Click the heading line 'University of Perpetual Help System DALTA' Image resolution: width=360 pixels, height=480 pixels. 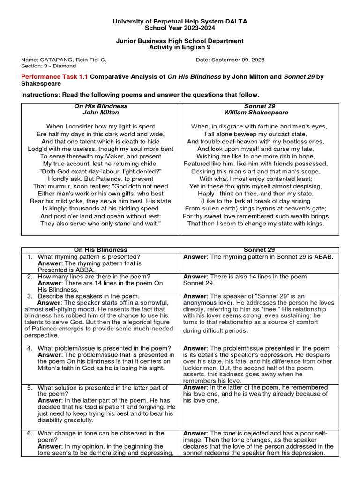(180, 22)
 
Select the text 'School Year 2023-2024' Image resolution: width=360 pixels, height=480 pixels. (180, 28)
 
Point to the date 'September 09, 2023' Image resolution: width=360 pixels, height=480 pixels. (238, 60)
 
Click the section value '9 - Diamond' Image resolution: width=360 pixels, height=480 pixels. (61, 66)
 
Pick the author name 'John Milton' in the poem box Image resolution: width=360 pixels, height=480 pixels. (101, 112)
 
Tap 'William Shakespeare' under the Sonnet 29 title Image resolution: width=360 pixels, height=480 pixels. (256, 112)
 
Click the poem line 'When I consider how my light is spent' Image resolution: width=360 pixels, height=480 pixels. (101, 127)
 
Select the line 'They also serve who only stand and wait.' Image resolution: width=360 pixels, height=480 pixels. (101, 224)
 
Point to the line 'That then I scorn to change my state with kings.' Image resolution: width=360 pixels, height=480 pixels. (256, 224)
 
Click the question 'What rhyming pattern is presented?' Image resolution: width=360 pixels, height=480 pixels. (89, 257)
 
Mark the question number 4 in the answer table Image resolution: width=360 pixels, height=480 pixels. (30, 348)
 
